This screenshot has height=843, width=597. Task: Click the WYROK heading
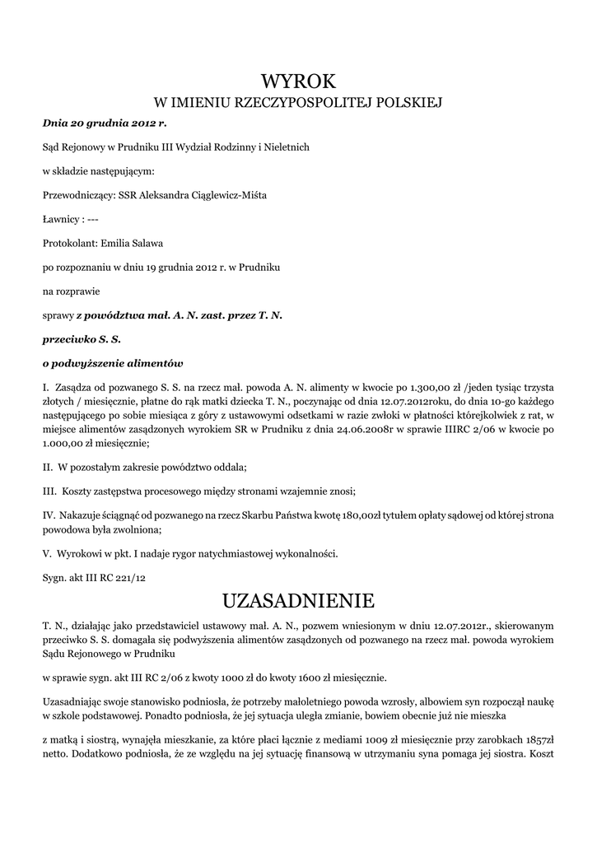[299, 81]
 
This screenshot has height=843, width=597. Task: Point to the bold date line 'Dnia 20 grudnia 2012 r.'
[104, 123]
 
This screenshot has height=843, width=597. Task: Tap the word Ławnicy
[61, 220]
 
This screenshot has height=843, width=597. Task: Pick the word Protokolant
[69, 244]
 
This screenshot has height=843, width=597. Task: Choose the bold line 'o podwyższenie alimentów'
[113, 363]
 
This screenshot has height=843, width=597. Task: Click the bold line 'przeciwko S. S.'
[82, 339]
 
